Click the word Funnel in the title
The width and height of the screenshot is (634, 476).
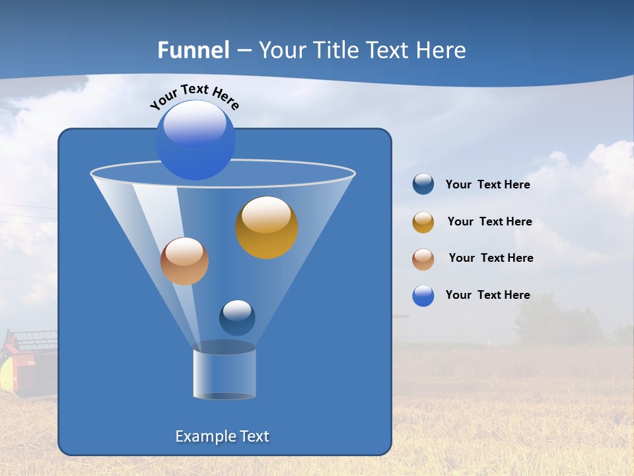click(x=193, y=50)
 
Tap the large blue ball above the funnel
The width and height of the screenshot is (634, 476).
click(x=195, y=140)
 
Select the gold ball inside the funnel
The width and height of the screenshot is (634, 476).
click(x=267, y=227)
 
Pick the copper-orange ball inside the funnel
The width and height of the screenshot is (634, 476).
click(x=184, y=261)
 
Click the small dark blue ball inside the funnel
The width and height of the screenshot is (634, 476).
click(x=237, y=317)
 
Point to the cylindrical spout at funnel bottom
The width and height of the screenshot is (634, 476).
click(x=225, y=373)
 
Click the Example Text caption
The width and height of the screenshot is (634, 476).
click(x=222, y=436)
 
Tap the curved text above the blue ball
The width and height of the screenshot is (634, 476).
click(x=194, y=96)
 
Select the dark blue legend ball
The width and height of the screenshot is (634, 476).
click(x=423, y=184)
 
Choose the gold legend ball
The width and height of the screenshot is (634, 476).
click(x=423, y=222)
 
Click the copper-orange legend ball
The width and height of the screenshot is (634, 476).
click(x=423, y=259)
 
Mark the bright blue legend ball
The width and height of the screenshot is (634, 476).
click(x=423, y=296)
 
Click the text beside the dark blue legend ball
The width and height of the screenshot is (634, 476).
click(x=487, y=185)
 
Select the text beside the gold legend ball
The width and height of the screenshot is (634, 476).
click(x=489, y=222)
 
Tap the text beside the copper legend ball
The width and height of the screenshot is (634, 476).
click(x=491, y=258)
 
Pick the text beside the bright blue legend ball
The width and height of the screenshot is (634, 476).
click(x=487, y=296)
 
